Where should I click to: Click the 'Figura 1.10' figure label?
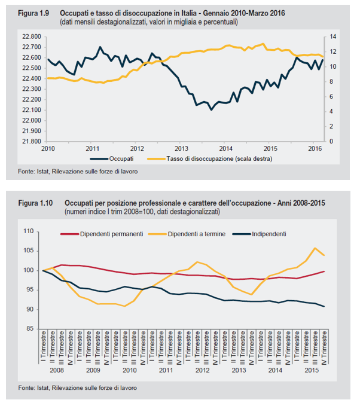[35, 203]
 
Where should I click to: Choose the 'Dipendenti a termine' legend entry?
[197, 234]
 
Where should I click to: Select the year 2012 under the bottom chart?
[202, 371]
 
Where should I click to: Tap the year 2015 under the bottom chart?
[312, 371]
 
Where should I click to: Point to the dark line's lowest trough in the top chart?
[210, 110]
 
